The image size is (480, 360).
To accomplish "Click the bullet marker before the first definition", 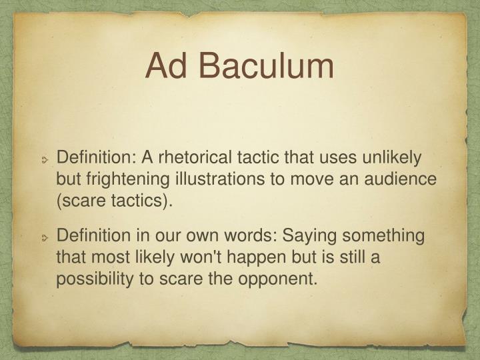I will coord(45,160).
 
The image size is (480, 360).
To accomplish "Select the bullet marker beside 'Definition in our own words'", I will coord(45,238).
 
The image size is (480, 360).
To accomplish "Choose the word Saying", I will coord(307,236).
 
